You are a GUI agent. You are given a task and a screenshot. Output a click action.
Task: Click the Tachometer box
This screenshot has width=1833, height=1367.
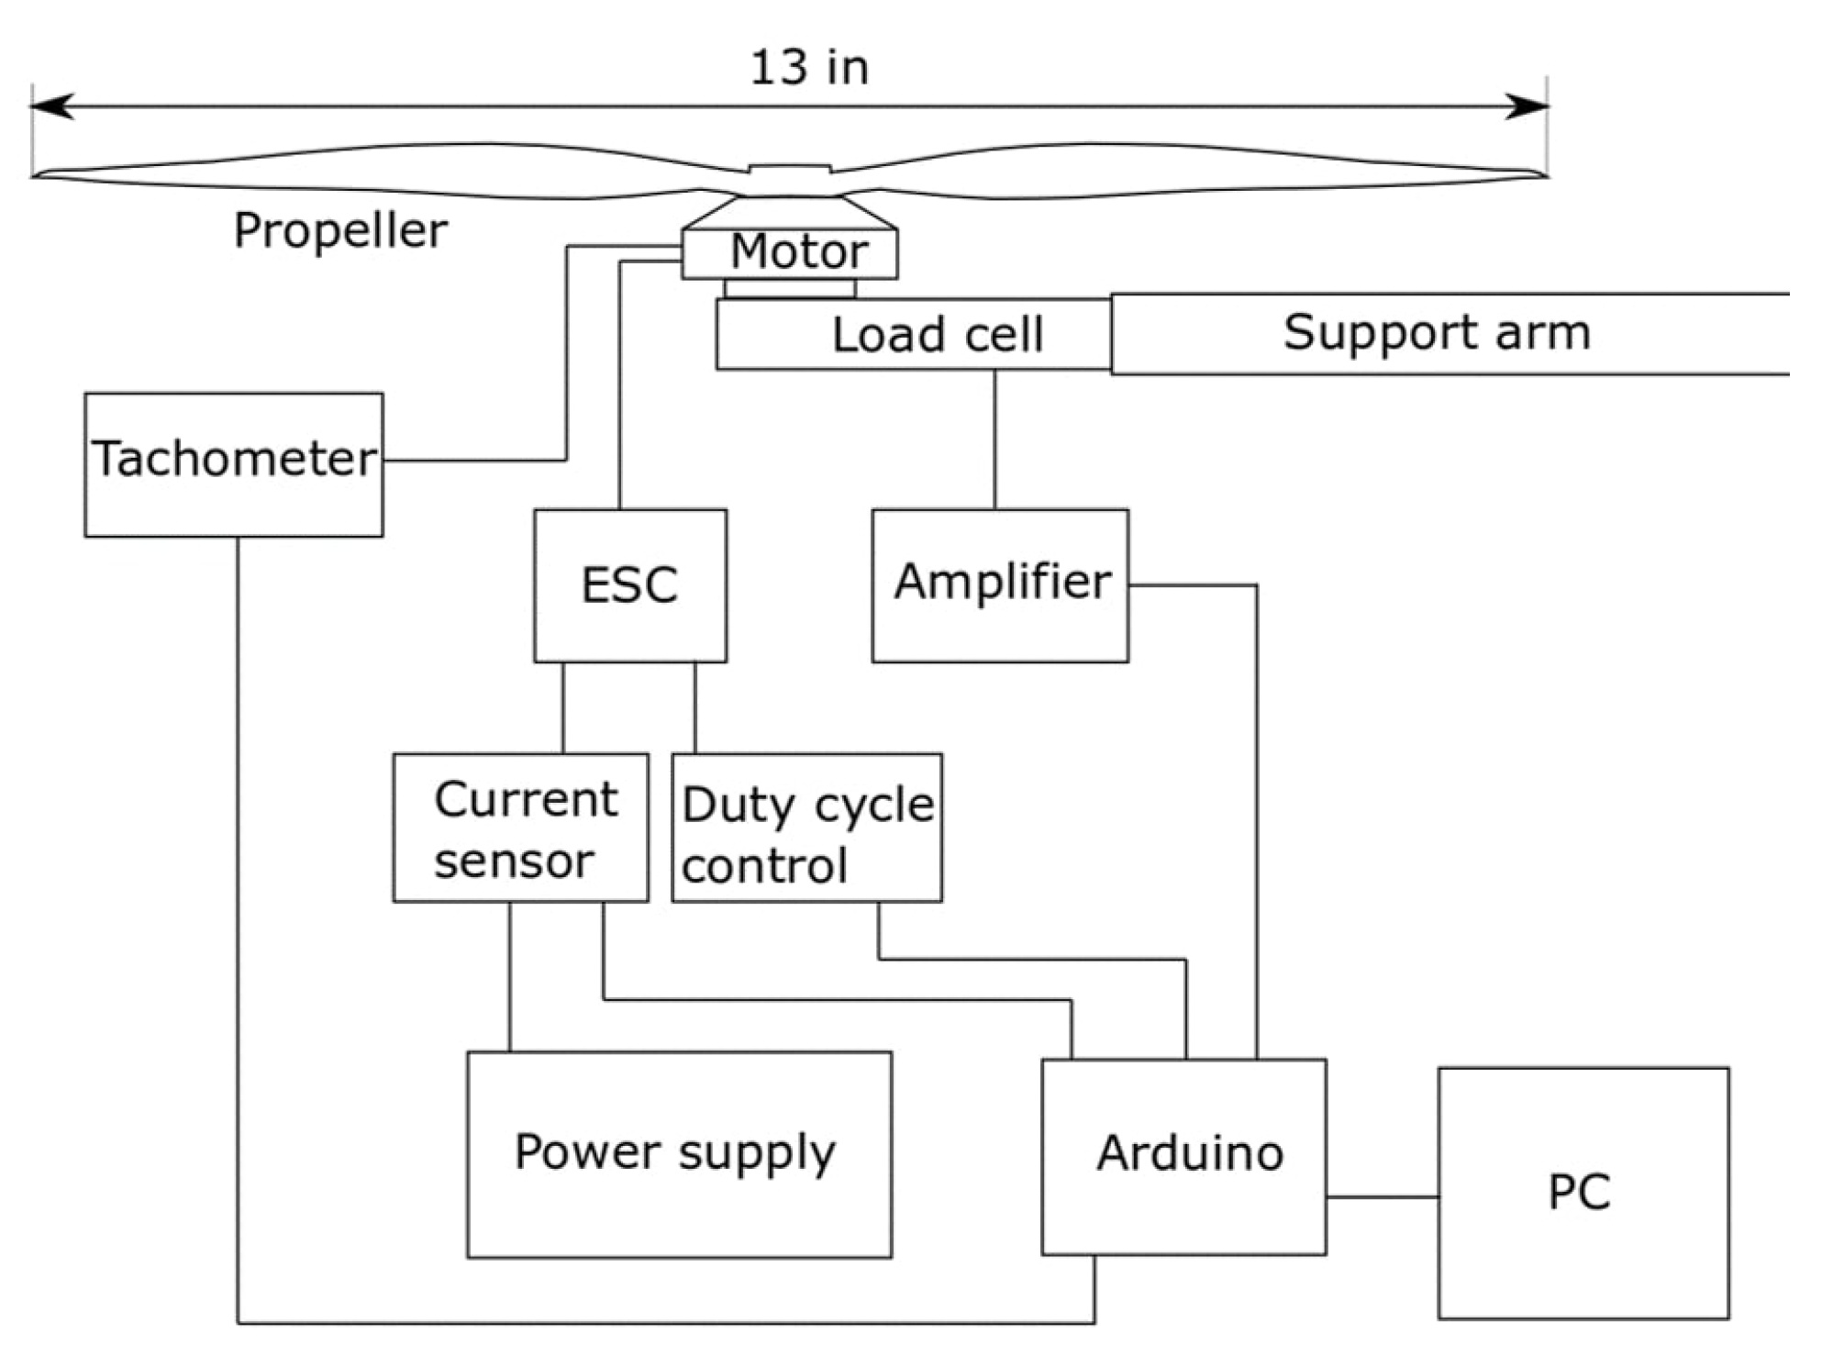tap(233, 464)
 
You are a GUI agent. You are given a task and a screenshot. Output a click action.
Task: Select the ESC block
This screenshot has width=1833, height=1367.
tap(630, 585)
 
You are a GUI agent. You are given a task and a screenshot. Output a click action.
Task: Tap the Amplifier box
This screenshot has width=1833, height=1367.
tap(1000, 585)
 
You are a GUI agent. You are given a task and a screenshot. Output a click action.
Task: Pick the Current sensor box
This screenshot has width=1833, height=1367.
tap(520, 828)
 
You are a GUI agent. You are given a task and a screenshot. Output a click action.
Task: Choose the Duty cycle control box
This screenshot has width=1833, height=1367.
tap(806, 828)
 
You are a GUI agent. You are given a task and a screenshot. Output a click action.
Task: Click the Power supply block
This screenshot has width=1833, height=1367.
tap(679, 1154)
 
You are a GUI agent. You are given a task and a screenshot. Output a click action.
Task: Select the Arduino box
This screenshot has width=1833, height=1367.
tap(1183, 1156)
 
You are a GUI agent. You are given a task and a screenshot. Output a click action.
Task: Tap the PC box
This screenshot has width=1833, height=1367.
tap(1583, 1193)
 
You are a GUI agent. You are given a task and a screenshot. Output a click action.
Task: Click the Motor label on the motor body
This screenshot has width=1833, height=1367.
tap(798, 251)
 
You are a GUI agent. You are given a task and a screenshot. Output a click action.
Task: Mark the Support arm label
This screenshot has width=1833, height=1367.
tap(1437, 332)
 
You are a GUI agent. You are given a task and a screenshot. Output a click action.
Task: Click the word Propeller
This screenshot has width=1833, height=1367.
tap(340, 230)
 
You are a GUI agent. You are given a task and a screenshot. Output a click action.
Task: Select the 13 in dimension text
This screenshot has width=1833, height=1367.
tap(809, 68)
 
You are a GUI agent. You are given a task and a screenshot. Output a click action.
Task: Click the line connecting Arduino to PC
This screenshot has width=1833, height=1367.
tap(1382, 1196)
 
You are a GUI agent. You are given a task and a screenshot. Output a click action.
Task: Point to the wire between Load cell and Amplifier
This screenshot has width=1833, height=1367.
tap(994, 440)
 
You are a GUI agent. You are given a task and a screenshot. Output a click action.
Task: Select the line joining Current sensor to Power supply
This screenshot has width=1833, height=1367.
tap(510, 977)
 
